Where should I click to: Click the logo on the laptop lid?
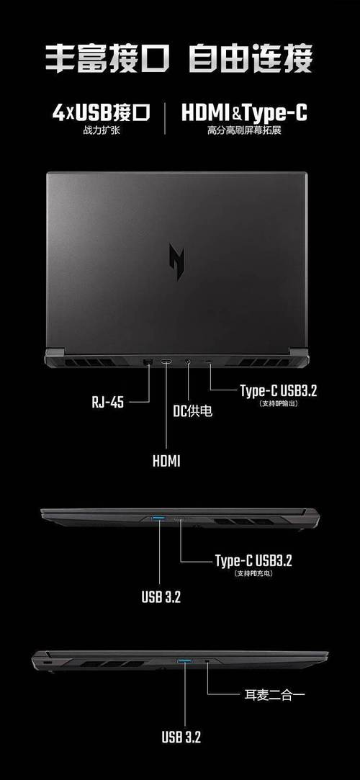pyautogui.click(x=176, y=261)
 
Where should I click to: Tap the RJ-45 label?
pyautogui.click(x=107, y=402)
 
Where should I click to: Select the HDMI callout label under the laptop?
pyautogui.click(x=166, y=461)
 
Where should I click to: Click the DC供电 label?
pyautogui.click(x=192, y=411)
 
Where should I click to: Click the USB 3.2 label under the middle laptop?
pyautogui.click(x=161, y=597)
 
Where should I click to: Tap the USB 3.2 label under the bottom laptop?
pyautogui.click(x=181, y=737)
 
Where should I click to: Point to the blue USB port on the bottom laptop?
pyautogui.click(x=184, y=661)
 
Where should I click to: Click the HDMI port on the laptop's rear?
pyautogui.click(x=166, y=362)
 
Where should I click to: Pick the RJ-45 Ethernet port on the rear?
pyautogui.click(x=147, y=362)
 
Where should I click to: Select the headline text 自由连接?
pyautogui.click(x=251, y=59)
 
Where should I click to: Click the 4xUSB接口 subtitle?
pyautogui.click(x=102, y=113)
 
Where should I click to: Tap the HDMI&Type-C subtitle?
pyautogui.click(x=244, y=113)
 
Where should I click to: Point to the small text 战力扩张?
pyautogui.click(x=102, y=131)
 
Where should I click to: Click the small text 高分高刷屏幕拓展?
pyautogui.click(x=244, y=131)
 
